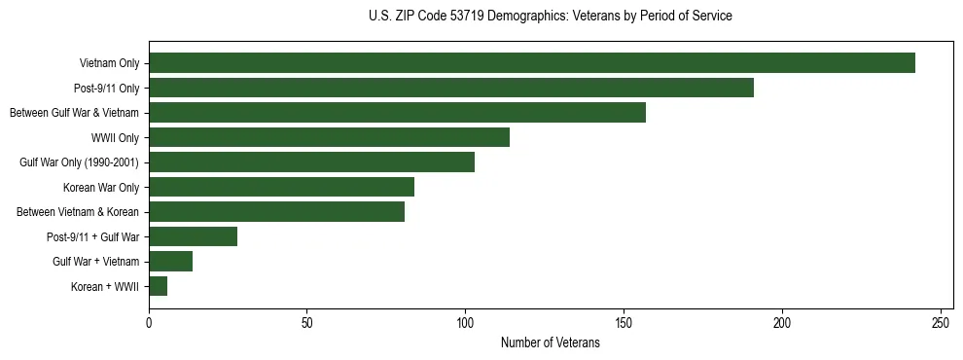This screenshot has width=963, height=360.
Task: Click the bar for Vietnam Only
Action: pos(532,63)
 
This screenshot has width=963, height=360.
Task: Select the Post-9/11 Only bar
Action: pos(451,88)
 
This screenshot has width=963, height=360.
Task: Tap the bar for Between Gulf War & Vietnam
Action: pos(397,113)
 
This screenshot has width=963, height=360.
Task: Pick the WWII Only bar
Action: pos(329,137)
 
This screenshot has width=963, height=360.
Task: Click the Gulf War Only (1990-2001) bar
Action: pos(311,162)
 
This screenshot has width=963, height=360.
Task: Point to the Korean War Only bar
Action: pos(281,187)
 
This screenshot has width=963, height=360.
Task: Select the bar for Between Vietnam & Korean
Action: pos(276,212)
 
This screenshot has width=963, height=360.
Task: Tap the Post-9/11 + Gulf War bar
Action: pos(193,236)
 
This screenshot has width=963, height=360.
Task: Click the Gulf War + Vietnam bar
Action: pos(170,262)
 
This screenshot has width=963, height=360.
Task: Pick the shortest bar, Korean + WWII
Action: pos(158,286)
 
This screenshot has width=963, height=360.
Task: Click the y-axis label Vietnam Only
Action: pos(109,63)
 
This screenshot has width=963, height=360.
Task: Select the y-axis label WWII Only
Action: pos(115,137)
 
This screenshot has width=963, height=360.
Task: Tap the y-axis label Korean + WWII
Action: pos(105,286)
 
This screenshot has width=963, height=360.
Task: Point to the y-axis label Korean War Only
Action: pos(101,187)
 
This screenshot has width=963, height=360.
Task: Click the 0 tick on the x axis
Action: pos(149,322)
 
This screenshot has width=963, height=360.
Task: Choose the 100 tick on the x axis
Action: pos(465,322)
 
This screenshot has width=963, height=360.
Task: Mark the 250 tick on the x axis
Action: pos(941,322)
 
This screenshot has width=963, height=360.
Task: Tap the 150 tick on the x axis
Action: pos(624,322)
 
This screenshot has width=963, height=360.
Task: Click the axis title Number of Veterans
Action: pos(550,343)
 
